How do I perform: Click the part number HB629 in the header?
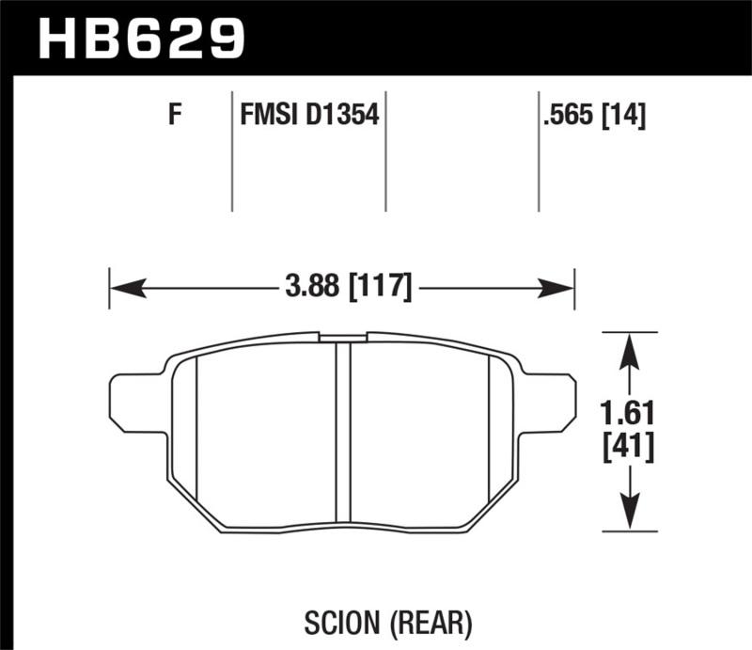(140, 39)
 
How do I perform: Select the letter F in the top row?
(173, 117)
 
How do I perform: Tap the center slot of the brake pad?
(343, 433)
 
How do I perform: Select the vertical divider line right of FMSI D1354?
(386, 151)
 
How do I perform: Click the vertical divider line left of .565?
(539, 151)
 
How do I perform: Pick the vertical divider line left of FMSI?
(232, 151)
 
